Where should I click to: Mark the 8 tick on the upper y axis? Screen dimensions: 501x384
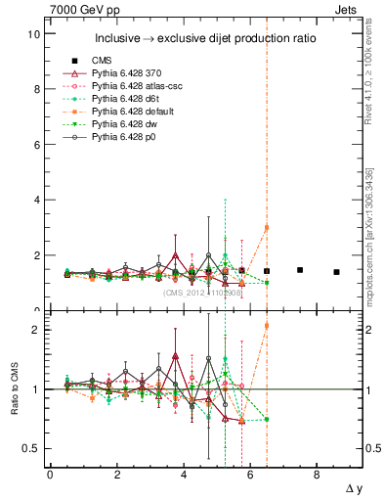pos(36,89)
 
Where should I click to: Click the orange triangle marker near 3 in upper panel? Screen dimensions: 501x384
pos(267,227)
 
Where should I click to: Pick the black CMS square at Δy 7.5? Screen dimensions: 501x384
pos(300,270)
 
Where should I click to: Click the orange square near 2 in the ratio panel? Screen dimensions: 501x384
pos(267,326)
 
